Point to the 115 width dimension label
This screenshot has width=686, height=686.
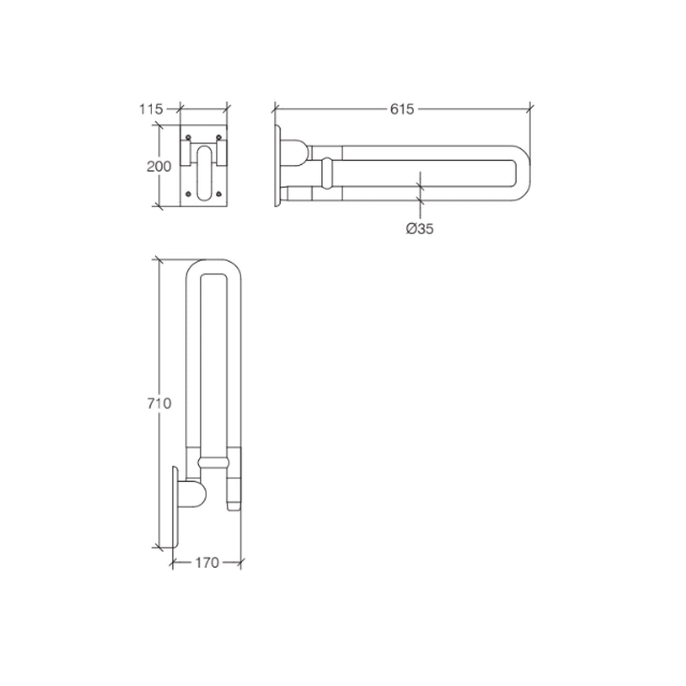click(151, 109)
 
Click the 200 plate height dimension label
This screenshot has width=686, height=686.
click(159, 166)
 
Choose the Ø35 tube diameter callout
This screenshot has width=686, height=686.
click(420, 228)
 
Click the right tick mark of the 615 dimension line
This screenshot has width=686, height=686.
click(531, 107)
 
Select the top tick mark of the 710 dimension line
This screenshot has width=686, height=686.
click(159, 260)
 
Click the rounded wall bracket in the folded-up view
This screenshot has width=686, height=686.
click(194, 494)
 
